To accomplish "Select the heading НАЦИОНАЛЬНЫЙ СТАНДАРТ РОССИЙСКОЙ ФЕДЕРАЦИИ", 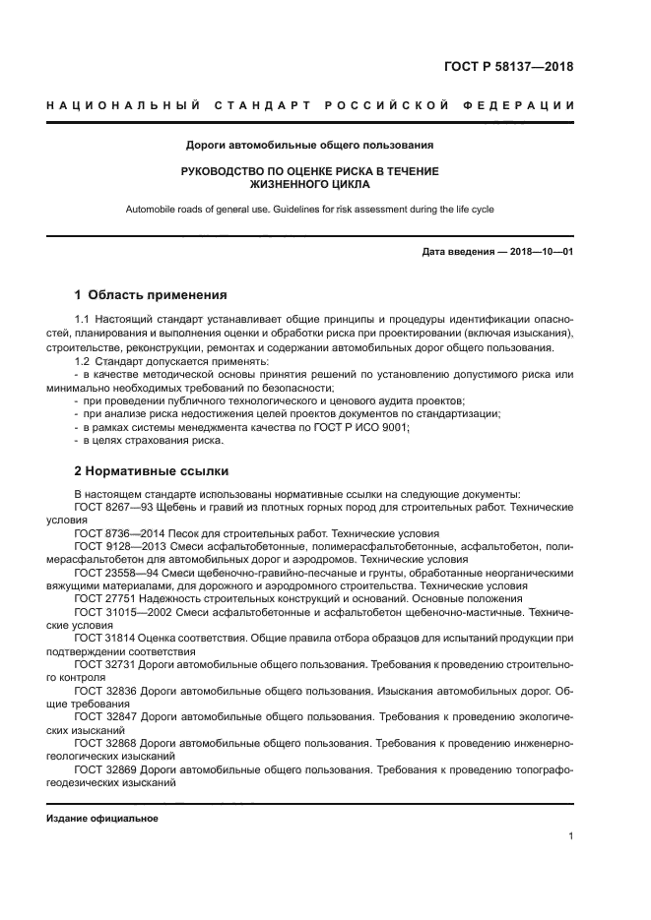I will [310, 105].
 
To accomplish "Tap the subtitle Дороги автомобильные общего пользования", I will [310, 145].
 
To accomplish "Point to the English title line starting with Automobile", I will [310, 209].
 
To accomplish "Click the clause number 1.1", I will [83, 320].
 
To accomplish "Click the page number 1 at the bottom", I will [570, 836].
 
